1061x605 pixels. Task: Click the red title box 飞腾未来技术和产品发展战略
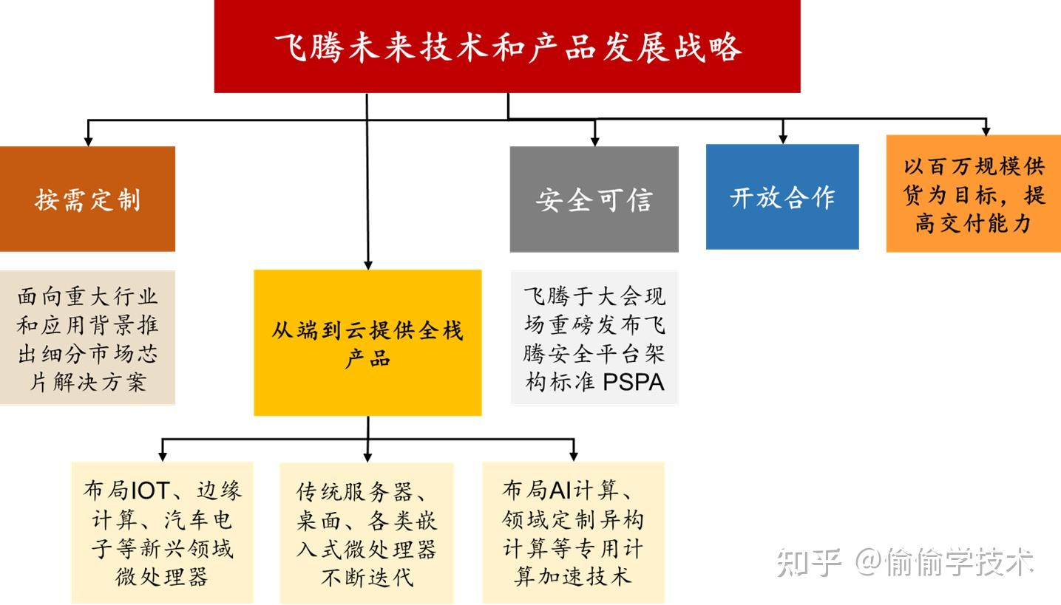point(507,47)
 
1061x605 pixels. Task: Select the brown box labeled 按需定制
point(87,199)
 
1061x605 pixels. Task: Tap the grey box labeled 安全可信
point(594,199)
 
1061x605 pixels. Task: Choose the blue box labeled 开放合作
point(782,196)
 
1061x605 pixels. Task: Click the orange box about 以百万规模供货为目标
point(973,194)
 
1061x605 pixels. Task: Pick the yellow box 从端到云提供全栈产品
point(367,342)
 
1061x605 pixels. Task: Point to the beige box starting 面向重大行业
point(87,338)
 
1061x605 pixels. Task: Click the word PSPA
point(634,383)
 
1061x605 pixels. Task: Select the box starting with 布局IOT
point(162,533)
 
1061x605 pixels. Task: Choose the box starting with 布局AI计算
point(573,533)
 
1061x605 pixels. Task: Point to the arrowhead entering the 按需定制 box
point(89,140)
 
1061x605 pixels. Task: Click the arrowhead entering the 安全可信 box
point(594,140)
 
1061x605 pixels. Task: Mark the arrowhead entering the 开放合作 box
point(783,138)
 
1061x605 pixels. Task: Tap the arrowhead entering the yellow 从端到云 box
point(367,264)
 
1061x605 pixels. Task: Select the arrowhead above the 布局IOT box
point(163,456)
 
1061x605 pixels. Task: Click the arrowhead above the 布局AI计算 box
point(574,456)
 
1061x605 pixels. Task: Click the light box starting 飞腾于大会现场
point(594,338)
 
